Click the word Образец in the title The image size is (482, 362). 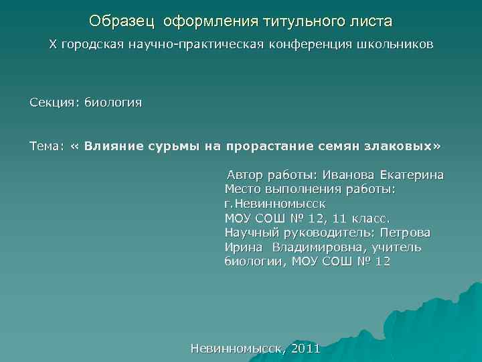click(121, 21)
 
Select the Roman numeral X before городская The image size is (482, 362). click(53, 45)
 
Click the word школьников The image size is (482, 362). click(398, 45)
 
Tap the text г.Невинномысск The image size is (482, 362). click(274, 204)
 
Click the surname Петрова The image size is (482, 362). click(405, 233)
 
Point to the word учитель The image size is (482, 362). click(400, 247)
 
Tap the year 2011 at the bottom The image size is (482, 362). click(305, 349)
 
